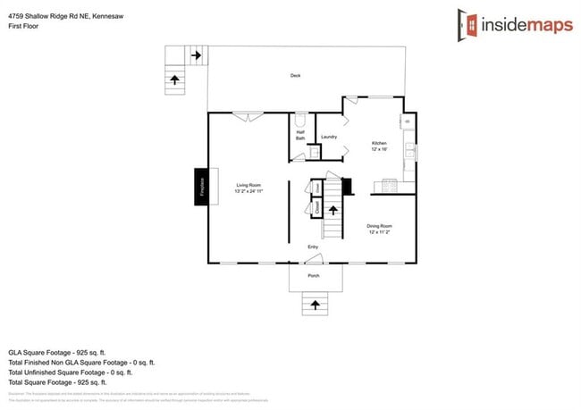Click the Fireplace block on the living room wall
click(202, 187)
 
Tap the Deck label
click(295, 76)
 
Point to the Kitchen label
click(379, 146)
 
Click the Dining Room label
click(379, 229)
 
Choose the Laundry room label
click(328, 137)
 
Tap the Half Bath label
click(300, 137)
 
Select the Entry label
click(313, 247)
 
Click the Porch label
click(314, 276)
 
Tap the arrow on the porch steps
click(314, 305)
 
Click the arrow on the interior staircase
click(333, 211)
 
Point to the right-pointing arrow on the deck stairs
click(196, 55)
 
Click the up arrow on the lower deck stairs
click(174, 79)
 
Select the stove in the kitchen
click(390, 185)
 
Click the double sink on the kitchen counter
click(409, 151)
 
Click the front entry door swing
click(312, 260)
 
